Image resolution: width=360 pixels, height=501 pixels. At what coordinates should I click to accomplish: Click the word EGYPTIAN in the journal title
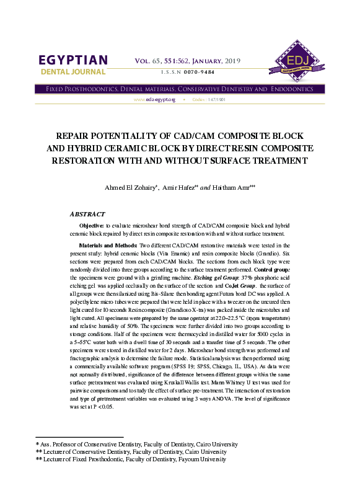coord(73,60)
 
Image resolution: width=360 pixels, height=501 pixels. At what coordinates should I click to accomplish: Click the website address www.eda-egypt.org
coord(154,100)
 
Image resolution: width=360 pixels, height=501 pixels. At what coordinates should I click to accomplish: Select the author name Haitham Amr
coord(235,187)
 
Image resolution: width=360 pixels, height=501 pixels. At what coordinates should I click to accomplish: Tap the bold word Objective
coord(93,226)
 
